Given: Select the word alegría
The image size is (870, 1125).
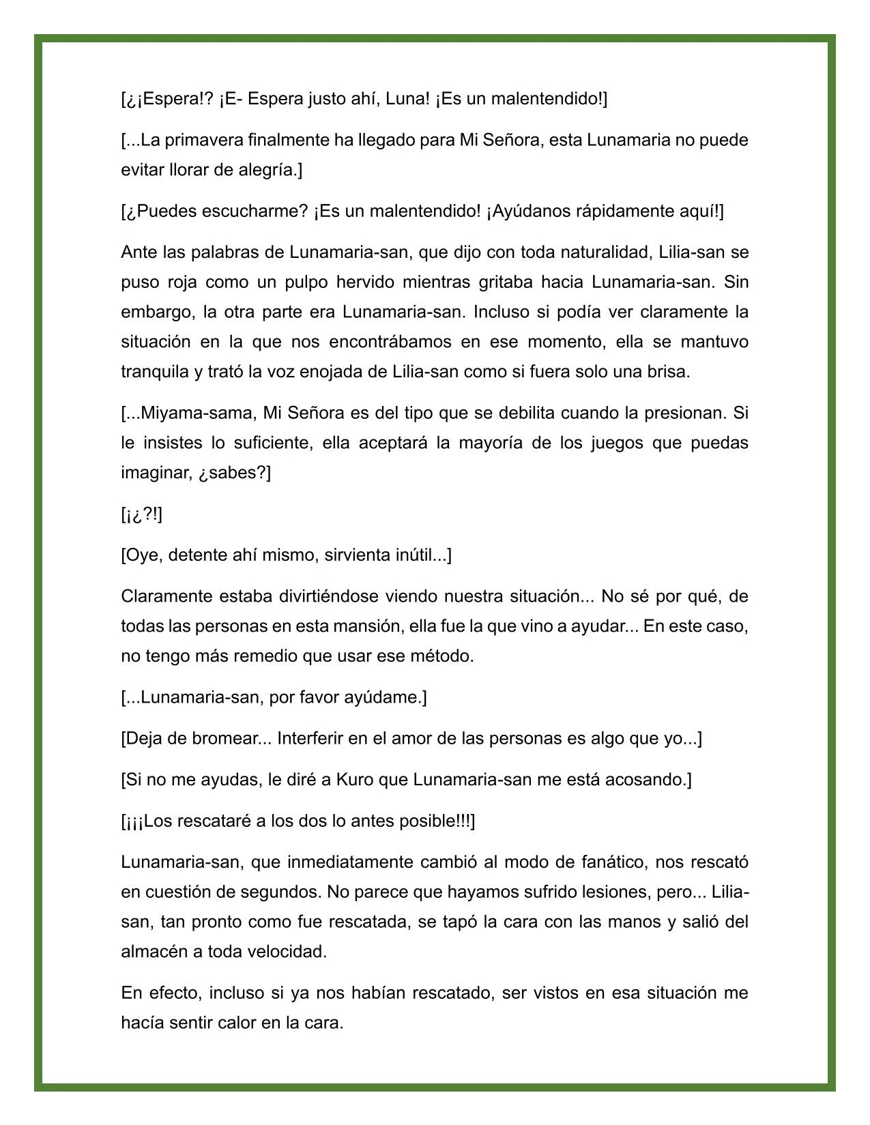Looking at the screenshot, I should tap(268, 171).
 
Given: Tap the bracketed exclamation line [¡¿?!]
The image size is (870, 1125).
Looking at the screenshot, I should tap(142, 514).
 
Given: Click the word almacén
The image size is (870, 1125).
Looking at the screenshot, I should tap(154, 952).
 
